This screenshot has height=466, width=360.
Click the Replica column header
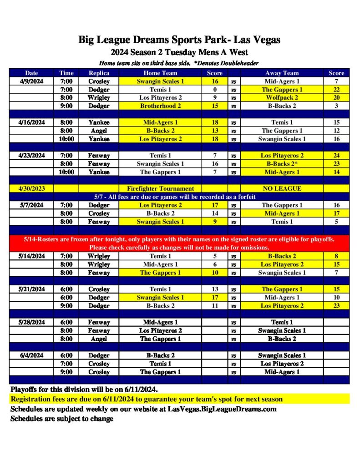click(x=99, y=73)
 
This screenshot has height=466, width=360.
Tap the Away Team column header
click(x=282, y=73)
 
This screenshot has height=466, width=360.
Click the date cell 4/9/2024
click(x=31, y=81)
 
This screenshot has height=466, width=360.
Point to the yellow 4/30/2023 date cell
click(x=31, y=188)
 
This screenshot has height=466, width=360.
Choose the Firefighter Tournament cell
click(x=160, y=188)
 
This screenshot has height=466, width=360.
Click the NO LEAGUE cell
click(x=282, y=188)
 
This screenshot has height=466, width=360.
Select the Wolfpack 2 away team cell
click(x=282, y=97)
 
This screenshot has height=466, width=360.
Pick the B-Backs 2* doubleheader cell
click(x=282, y=163)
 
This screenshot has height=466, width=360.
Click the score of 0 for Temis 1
click(x=215, y=89)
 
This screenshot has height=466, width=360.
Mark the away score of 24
click(x=336, y=155)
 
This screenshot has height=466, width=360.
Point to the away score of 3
click(x=336, y=106)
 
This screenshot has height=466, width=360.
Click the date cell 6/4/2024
click(x=31, y=355)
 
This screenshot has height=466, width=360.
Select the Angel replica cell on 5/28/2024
click(x=99, y=339)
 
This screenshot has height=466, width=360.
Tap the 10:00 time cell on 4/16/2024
click(x=66, y=139)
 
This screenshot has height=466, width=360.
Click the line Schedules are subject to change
click(x=62, y=418)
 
